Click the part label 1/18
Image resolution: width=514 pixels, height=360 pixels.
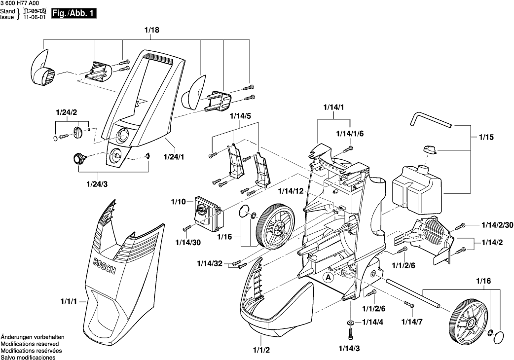click(152, 31)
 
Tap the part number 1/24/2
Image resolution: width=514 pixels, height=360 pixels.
click(67, 112)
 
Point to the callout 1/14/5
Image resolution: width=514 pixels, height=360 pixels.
click(241, 116)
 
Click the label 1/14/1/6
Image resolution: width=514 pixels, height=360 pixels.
click(349, 134)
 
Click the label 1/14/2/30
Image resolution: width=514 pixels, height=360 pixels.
click(496, 224)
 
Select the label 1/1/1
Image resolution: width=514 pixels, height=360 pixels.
click(69, 301)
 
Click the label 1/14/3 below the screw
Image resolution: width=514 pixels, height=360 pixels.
click(349, 349)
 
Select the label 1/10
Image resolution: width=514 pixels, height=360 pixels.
click(178, 201)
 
